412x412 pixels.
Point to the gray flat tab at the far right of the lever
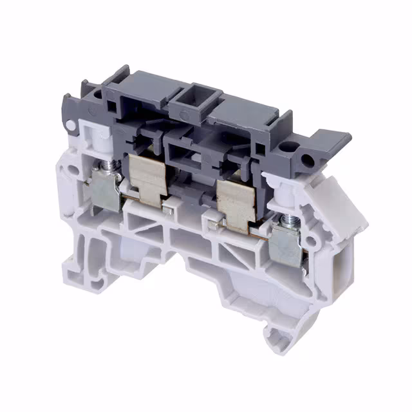335,141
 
